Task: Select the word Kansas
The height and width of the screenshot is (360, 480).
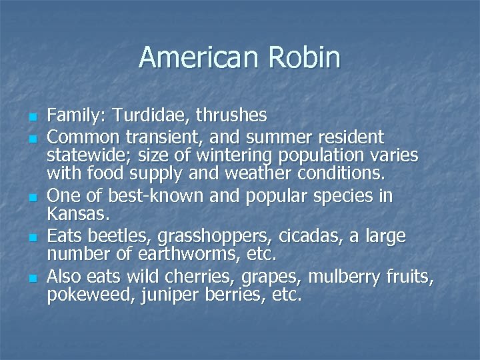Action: click(75, 215)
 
